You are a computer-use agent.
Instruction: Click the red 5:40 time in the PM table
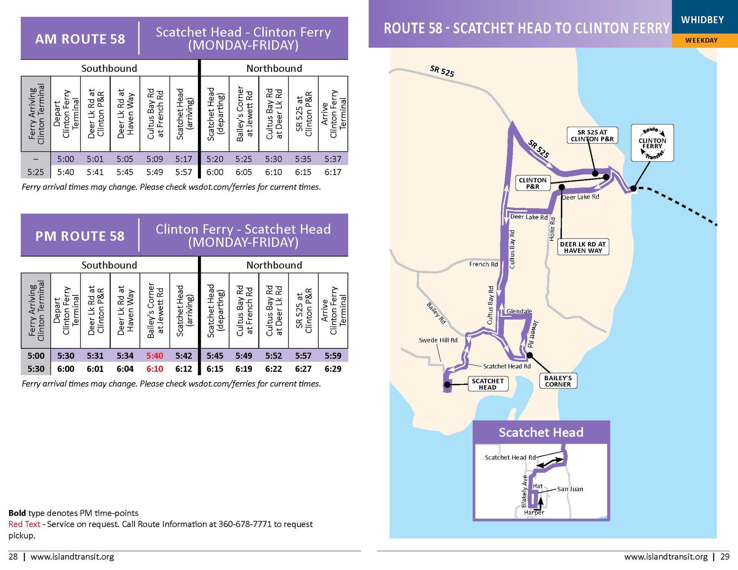tap(155, 356)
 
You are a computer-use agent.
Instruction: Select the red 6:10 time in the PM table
tap(155, 369)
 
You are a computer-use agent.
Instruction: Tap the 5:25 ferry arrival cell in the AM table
tap(35, 172)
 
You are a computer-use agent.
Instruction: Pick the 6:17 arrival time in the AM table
tap(333, 172)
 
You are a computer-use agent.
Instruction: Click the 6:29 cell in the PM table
tap(333, 369)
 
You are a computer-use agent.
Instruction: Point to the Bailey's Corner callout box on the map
tap(558, 381)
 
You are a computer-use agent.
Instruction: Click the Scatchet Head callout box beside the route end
tap(487, 384)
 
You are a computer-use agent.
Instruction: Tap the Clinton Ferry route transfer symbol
tap(652, 143)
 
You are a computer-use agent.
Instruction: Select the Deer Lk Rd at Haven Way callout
tap(583, 247)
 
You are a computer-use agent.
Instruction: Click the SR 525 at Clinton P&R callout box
tap(592, 136)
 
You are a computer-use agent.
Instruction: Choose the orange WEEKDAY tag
tap(701, 40)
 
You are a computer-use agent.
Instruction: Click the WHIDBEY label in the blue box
tap(702, 20)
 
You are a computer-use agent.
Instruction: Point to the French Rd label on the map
tap(483, 264)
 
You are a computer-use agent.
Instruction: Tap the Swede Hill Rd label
tap(438, 340)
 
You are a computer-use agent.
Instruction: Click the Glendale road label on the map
tap(519, 311)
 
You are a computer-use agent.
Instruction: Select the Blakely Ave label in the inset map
tap(524, 491)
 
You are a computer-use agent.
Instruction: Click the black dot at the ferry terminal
tap(633, 189)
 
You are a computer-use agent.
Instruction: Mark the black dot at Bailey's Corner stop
tap(530, 355)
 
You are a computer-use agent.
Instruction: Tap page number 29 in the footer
tap(725, 557)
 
